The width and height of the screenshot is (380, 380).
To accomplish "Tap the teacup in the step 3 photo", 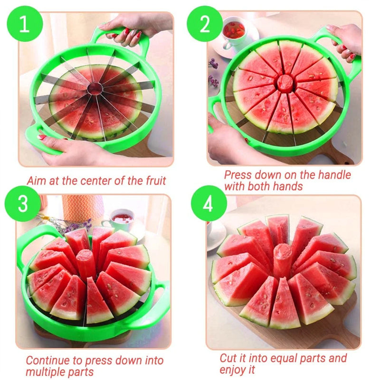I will [121, 220].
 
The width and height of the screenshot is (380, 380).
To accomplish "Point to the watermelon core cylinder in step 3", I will [86, 264].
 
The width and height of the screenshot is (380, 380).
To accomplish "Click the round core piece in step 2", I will [285, 83].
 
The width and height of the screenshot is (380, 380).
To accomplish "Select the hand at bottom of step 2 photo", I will [228, 138].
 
